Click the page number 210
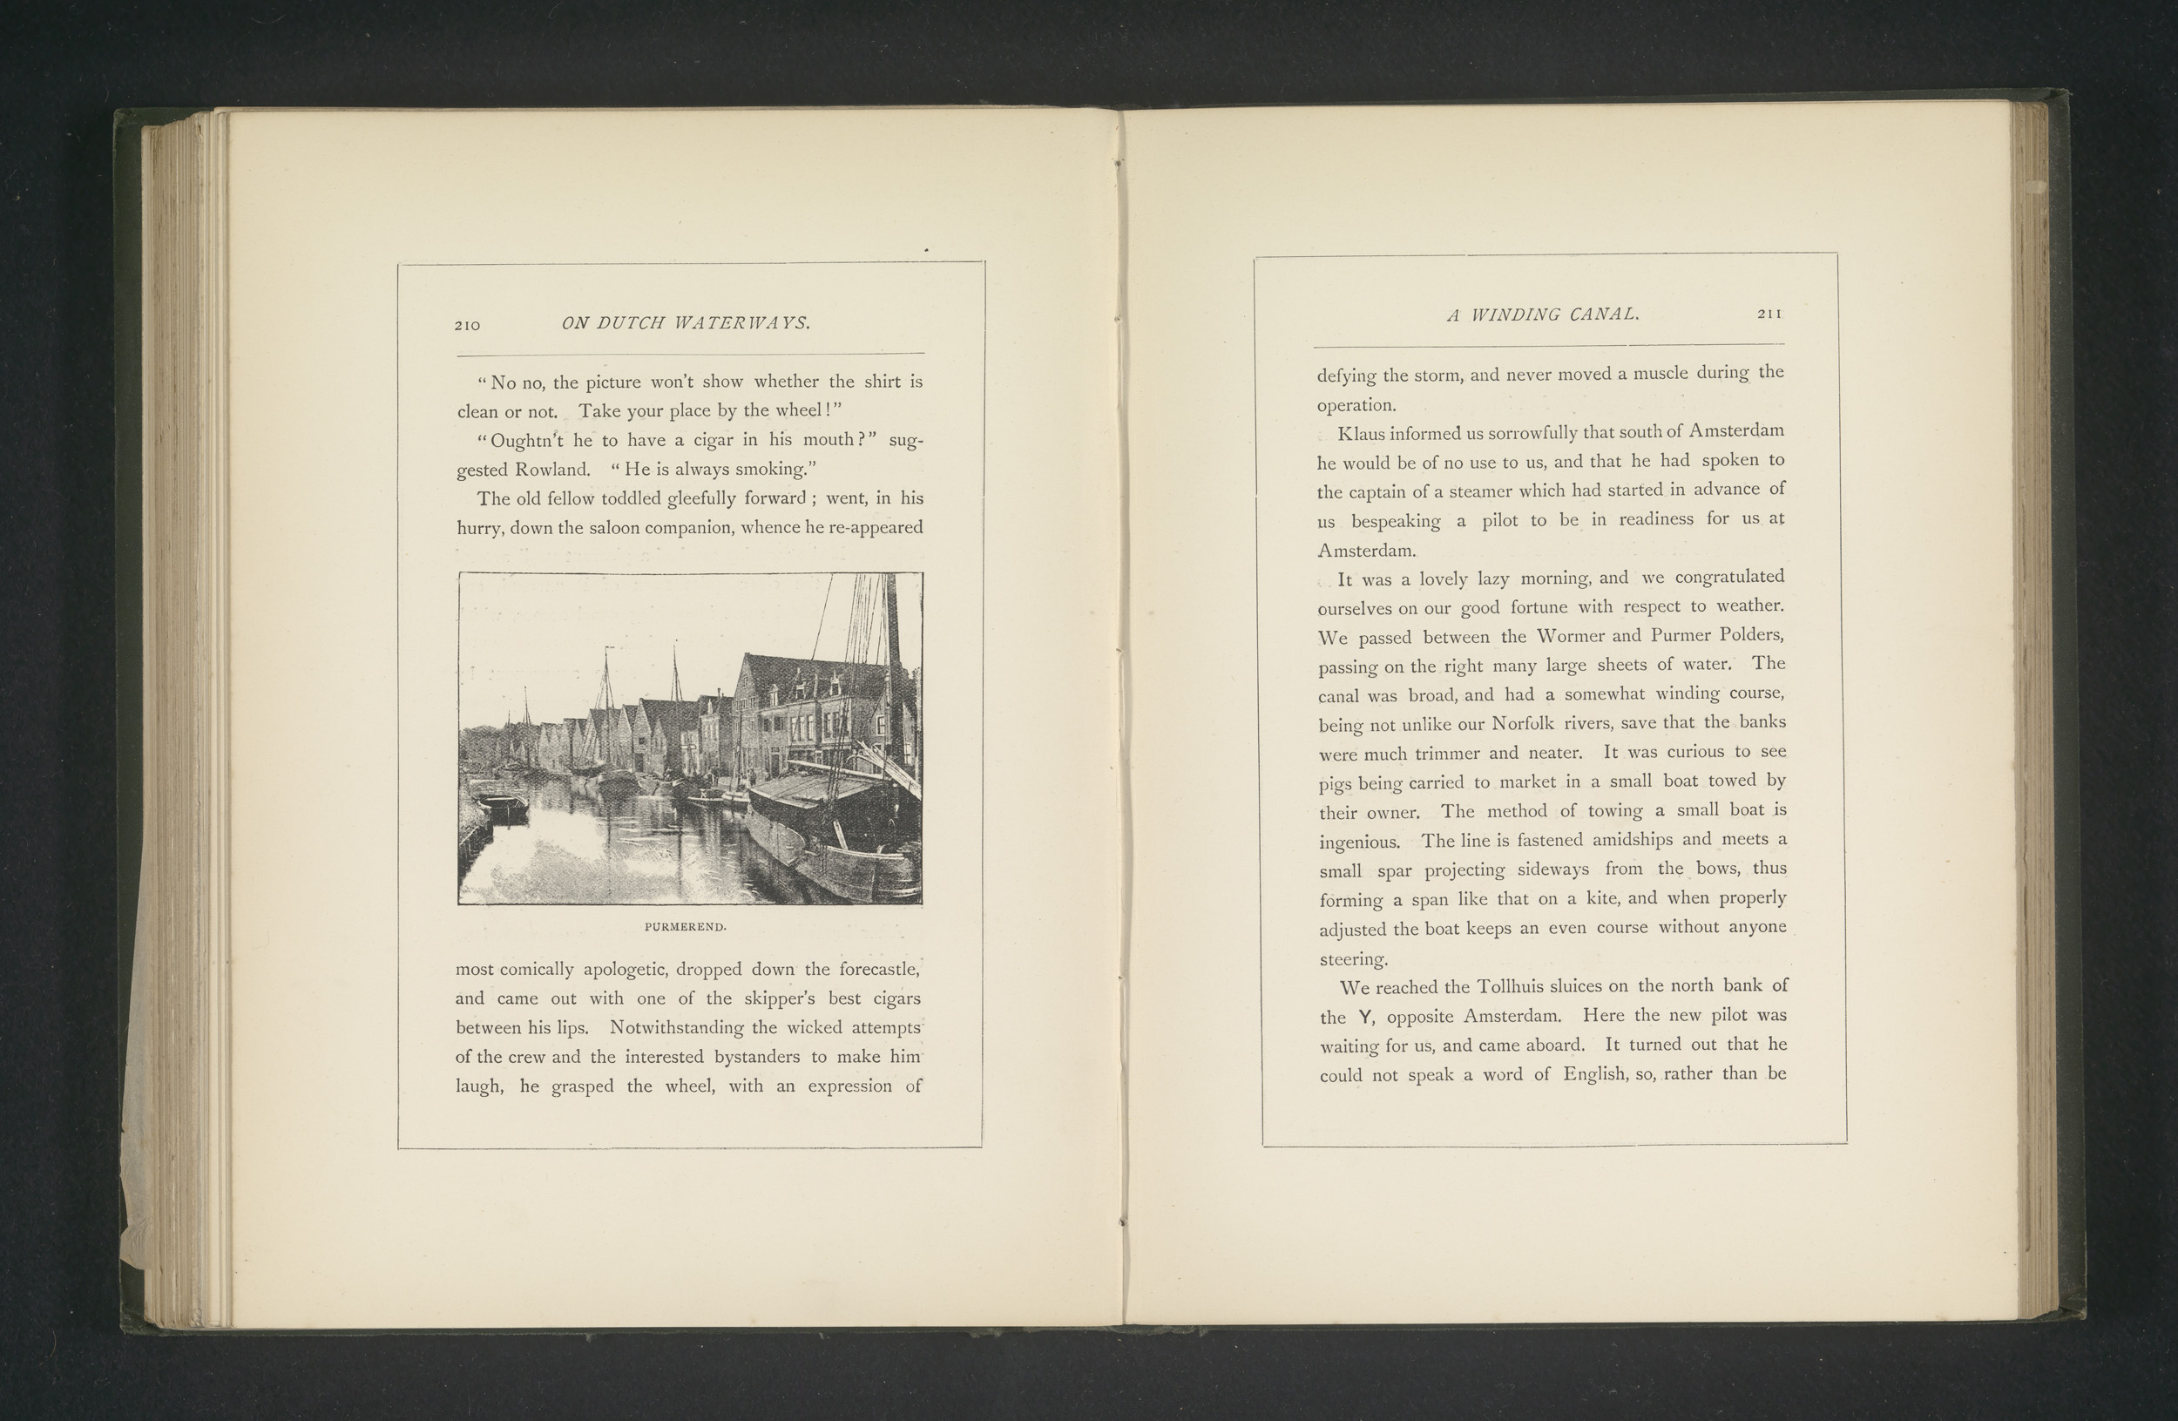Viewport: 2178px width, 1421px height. pos(467,325)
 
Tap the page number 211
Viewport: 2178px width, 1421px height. pos(1769,314)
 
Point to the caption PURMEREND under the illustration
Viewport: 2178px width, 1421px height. pos(686,927)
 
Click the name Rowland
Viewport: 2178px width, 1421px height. pos(552,470)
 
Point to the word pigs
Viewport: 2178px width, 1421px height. pos(1336,784)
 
